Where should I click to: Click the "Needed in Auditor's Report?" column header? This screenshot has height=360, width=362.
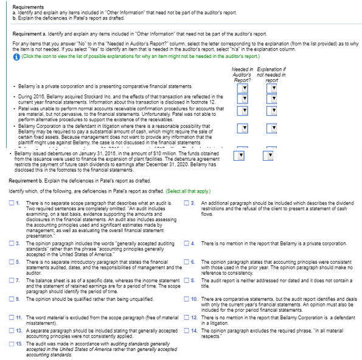click(242, 76)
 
